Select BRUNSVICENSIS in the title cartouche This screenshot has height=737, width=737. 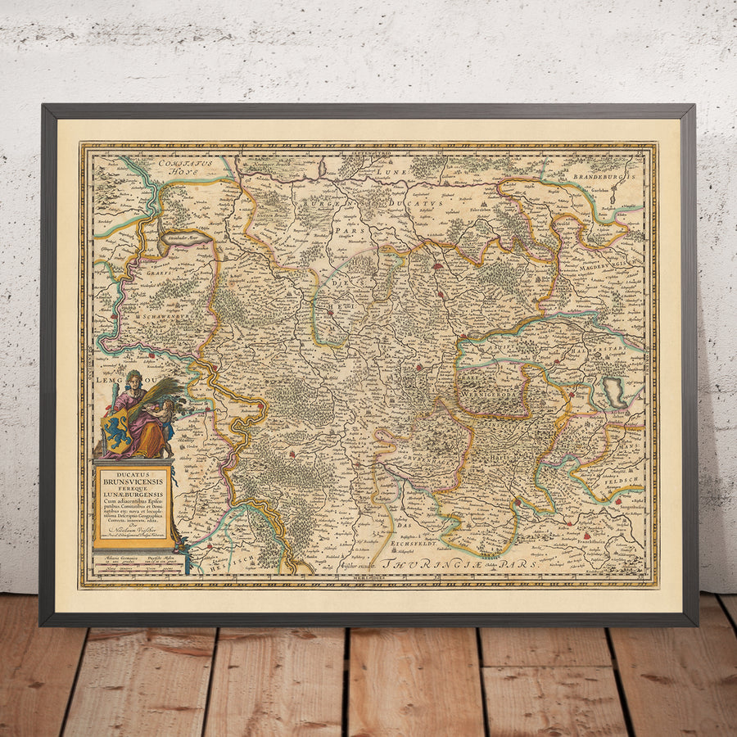click(x=133, y=482)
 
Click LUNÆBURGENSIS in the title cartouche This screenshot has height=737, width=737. click(x=133, y=497)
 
